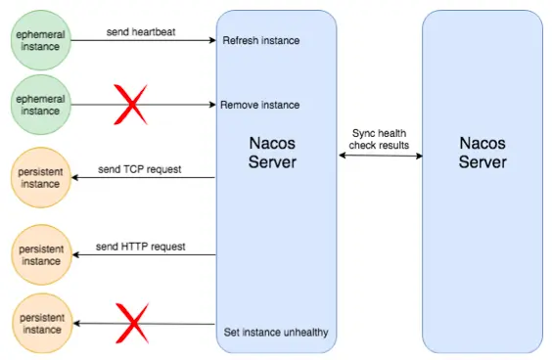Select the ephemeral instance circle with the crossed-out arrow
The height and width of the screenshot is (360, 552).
(x=40, y=105)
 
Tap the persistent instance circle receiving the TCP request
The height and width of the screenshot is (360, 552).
(x=40, y=178)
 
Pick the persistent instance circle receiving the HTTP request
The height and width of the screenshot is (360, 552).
(x=40, y=255)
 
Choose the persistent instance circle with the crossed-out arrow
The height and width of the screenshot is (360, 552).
(x=40, y=323)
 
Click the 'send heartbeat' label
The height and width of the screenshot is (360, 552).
(x=141, y=31)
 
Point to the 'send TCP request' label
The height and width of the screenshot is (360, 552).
(x=141, y=168)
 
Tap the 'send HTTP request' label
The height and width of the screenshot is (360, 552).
(x=141, y=246)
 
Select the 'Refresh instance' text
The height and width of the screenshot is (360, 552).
(x=261, y=40)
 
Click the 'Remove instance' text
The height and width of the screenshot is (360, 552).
(x=260, y=105)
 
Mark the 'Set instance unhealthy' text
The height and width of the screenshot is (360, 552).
(x=276, y=333)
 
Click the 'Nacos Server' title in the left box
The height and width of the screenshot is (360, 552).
(x=275, y=153)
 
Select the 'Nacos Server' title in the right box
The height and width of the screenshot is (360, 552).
(x=483, y=153)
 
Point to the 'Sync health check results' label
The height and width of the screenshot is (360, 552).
(x=381, y=139)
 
